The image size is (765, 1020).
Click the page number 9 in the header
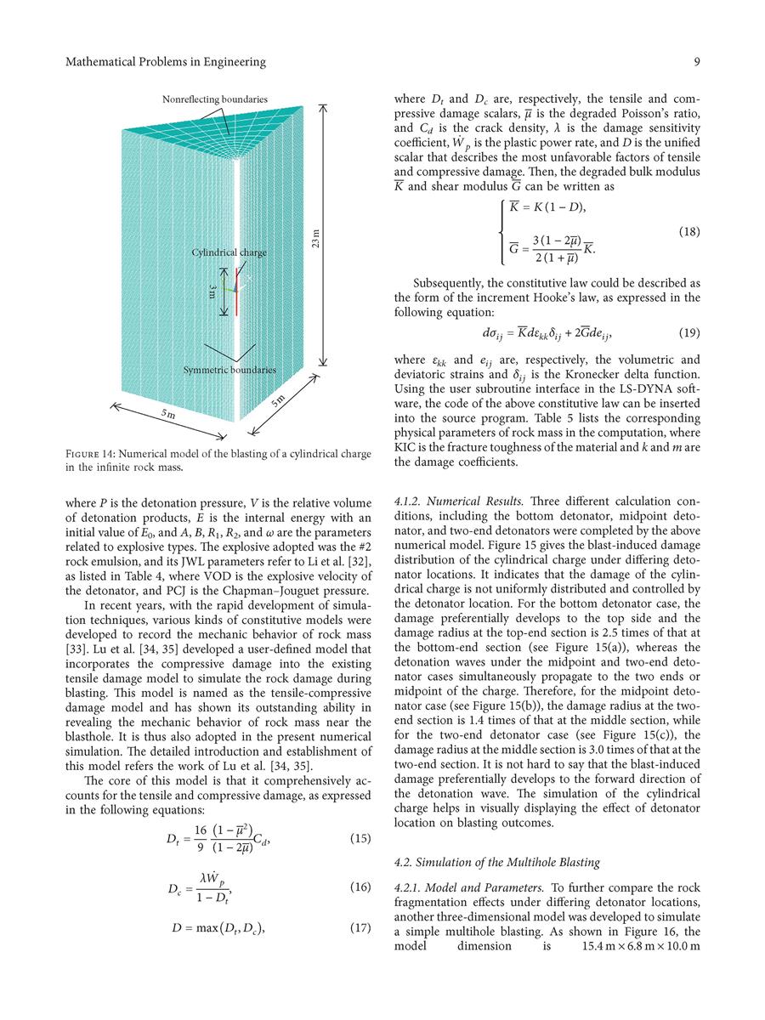tap(696, 62)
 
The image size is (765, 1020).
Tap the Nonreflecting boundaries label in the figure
tap(214, 99)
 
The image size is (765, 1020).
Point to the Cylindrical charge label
tap(229, 252)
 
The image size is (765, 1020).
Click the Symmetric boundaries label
tap(229, 371)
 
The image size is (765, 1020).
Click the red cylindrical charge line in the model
tap(235, 293)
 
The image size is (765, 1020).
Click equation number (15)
tap(360, 839)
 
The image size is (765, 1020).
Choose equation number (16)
tap(360, 887)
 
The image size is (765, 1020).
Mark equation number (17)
tap(360, 927)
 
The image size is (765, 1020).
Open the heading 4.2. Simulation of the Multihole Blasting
tap(496, 863)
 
